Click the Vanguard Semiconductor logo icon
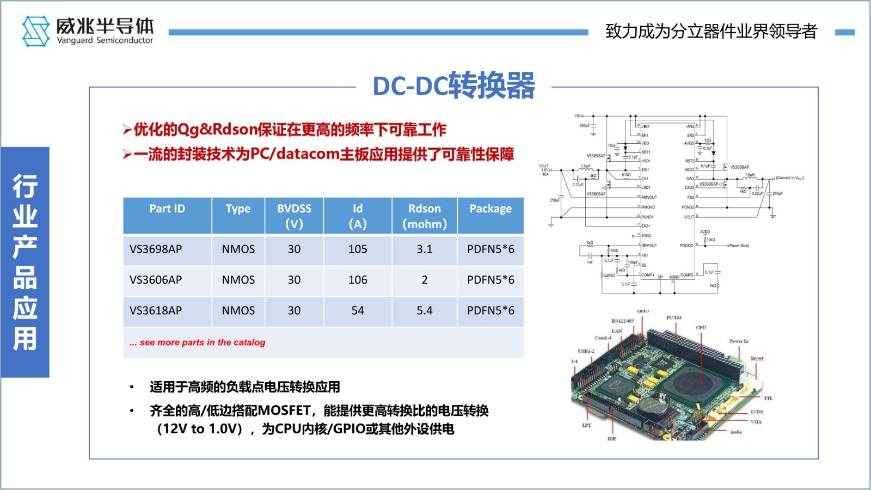pos(35,31)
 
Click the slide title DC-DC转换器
pos(453,86)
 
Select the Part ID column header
pos(167,209)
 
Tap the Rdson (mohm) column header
pos(424,216)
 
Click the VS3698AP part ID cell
pos(156,249)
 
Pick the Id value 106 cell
pos(358,280)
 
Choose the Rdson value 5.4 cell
pos(424,310)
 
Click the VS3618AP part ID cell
pos(156,310)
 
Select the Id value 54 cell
pos(358,310)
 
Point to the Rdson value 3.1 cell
pos(424,249)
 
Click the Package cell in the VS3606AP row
pos(490,280)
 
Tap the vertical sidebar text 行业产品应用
pos(25,262)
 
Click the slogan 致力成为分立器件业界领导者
pos(711,32)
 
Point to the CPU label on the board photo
pos(701,328)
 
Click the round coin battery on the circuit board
pos(652,406)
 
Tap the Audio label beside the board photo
pos(735,432)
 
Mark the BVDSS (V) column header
pos(294,216)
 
